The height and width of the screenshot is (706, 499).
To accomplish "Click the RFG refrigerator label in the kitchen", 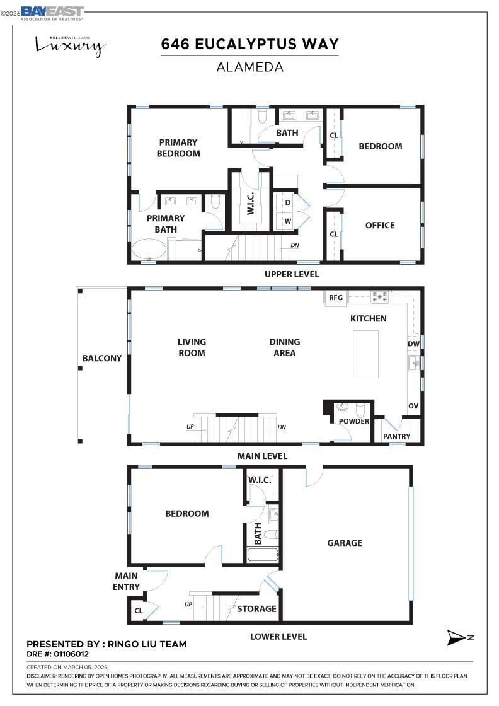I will click(335, 298).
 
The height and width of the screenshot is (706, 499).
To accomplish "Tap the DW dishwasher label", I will click(413, 344).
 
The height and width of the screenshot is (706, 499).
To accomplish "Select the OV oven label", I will click(413, 407).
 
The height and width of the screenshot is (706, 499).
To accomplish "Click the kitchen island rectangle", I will click(365, 354).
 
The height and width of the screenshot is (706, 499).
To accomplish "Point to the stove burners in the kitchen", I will click(379, 296).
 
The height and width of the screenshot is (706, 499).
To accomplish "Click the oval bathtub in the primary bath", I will click(149, 249).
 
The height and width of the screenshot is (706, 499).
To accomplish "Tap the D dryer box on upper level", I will click(287, 202).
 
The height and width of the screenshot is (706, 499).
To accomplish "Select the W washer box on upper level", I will click(287, 221).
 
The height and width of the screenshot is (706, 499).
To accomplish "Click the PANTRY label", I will click(396, 436).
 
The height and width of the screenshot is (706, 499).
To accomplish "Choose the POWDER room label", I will click(354, 421).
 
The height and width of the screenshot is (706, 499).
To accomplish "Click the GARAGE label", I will click(345, 543).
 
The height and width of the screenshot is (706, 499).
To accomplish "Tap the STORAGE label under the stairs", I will click(256, 609).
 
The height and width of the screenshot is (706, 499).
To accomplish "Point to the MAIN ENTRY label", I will click(127, 581).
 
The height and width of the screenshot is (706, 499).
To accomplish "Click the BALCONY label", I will click(102, 358).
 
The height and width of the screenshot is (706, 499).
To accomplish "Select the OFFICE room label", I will click(380, 225).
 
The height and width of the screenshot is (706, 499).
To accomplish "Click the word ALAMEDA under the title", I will click(249, 67).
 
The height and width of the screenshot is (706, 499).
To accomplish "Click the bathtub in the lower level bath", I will click(263, 555).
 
